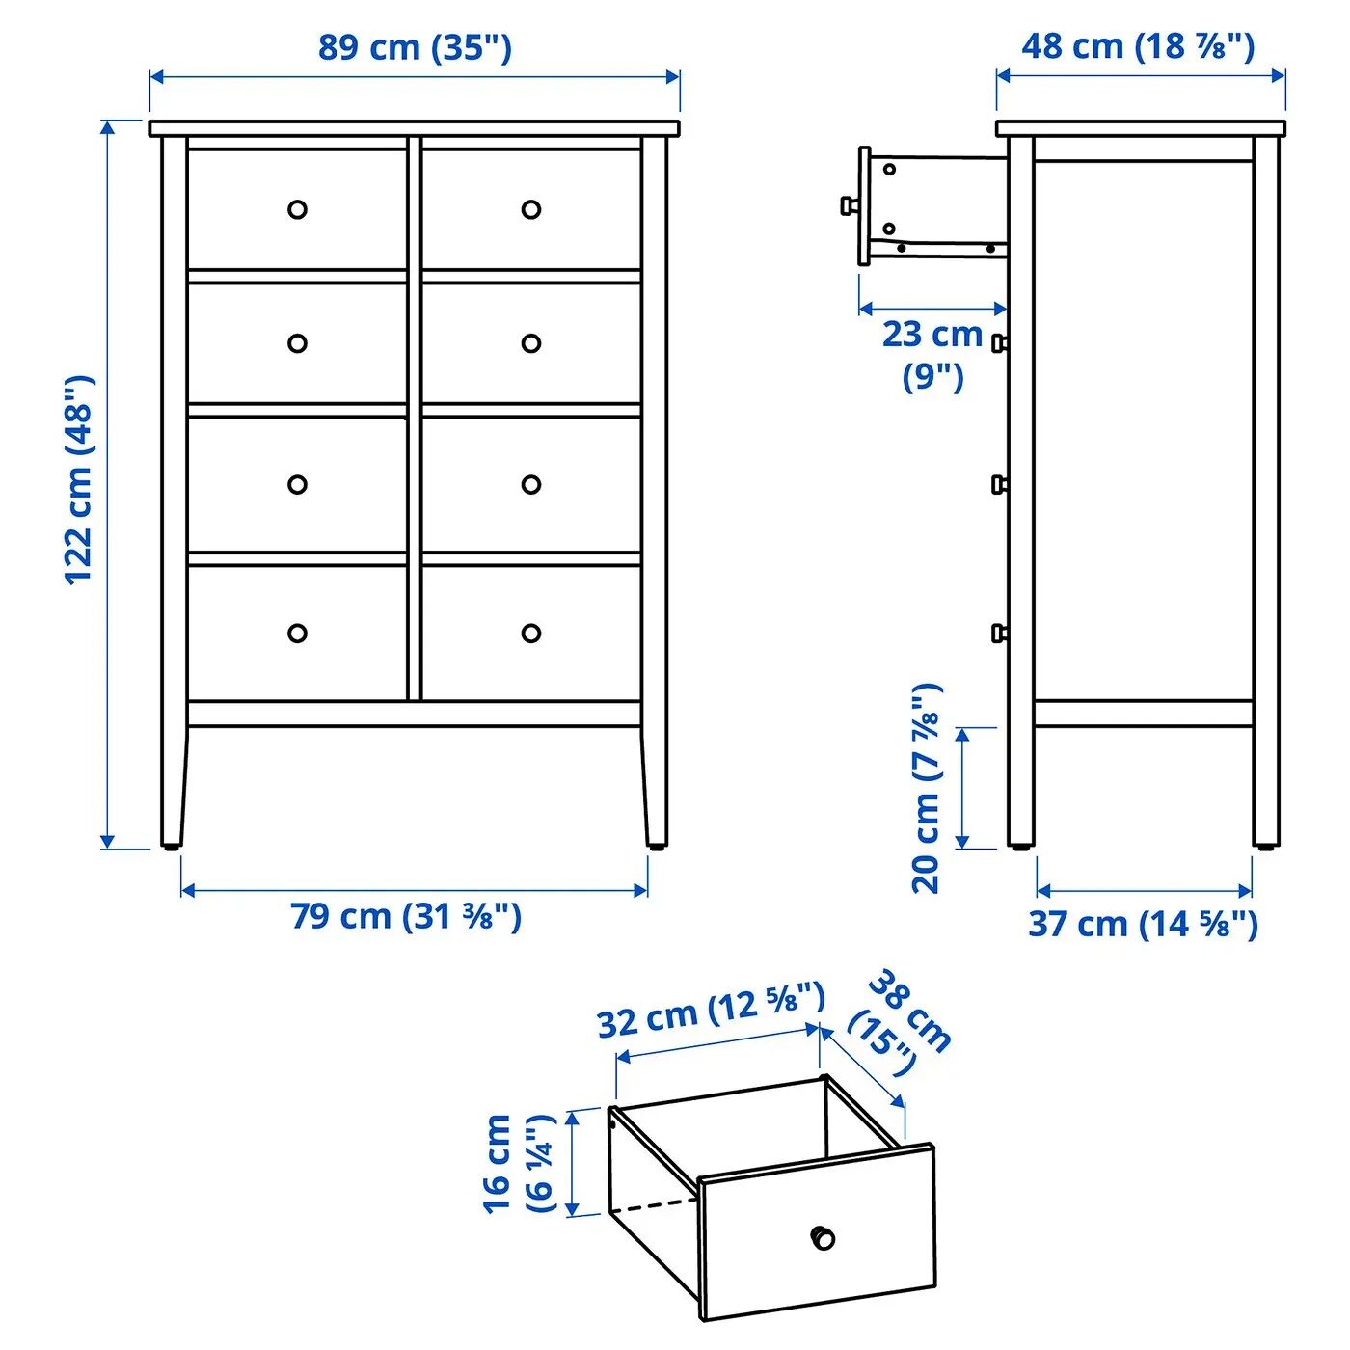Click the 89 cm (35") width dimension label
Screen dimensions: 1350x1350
click(415, 47)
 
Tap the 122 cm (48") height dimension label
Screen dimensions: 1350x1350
click(79, 480)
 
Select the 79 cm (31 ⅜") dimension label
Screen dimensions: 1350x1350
click(406, 916)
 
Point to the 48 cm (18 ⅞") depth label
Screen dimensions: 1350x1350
click(1138, 46)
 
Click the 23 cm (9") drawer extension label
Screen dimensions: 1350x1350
click(932, 355)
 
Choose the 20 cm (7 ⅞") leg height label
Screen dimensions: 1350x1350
click(926, 789)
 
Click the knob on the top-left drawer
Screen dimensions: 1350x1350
click(297, 209)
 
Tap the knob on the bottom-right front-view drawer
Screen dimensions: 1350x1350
click(531, 634)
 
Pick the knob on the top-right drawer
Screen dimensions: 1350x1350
click(531, 209)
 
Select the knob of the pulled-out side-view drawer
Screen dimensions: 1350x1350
click(850, 204)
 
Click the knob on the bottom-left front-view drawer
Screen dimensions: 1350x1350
click(297, 634)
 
